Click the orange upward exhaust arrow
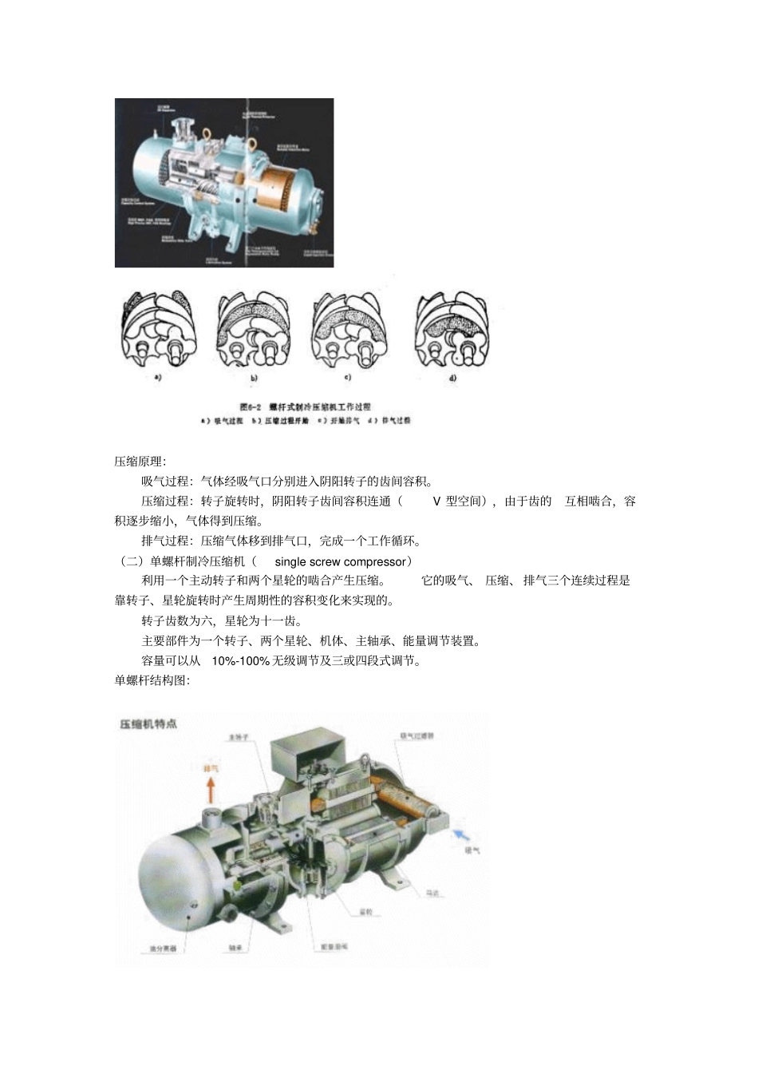point(211,791)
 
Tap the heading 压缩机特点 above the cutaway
point(148,724)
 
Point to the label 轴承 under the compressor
point(235,949)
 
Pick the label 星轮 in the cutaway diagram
point(365,912)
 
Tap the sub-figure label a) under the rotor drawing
point(157,378)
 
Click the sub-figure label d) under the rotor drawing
point(452,378)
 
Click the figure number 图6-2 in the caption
point(251,406)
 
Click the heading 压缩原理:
point(140,462)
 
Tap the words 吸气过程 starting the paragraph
point(165,482)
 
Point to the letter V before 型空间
point(436,501)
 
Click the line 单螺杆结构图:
point(152,681)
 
